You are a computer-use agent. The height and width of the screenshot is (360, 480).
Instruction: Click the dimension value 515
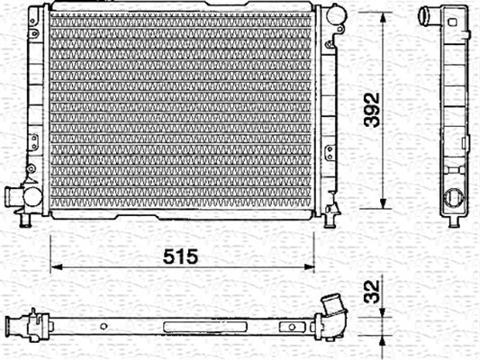pyautogui.click(x=180, y=256)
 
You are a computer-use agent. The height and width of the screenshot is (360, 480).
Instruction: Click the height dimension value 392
pyautogui.click(x=372, y=110)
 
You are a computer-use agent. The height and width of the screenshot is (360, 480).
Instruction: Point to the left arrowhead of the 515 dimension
pyautogui.click(x=57, y=267)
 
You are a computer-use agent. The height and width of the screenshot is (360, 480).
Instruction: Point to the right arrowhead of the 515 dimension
pyautogui.click(x=309, y=267)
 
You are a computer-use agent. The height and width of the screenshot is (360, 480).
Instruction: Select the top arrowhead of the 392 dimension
pyautogui.click(x=383, y=18)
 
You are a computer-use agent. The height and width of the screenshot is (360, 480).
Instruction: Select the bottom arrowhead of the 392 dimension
pyautogui.click(x=383, y=202)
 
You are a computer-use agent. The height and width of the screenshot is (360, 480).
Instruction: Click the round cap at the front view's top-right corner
pyautogui.click(x=336, y=14)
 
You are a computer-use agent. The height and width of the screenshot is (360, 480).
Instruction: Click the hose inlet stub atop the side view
pyautogui.click(x=428, y=15)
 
